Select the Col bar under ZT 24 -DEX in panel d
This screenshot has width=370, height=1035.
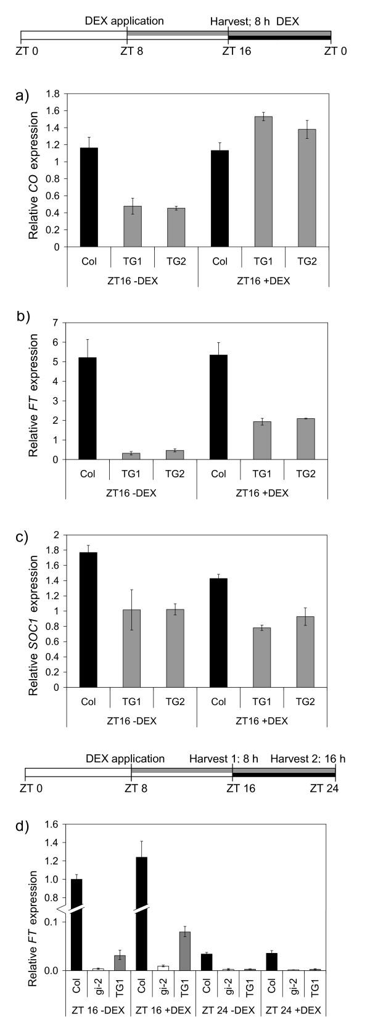point(207,979)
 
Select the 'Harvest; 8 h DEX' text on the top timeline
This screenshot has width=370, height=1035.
point(260,20)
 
